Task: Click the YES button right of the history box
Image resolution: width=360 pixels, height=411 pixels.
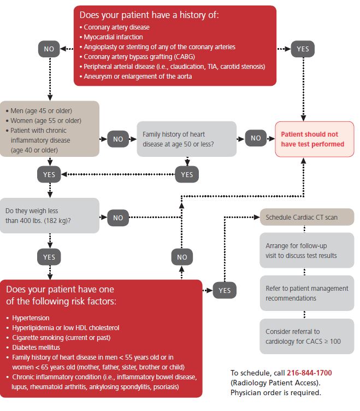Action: tap(302, 49)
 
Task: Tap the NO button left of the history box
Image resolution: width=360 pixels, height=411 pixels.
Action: tap(49, 49)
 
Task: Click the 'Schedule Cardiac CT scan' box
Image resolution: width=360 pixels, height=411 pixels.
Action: tap(306, 217)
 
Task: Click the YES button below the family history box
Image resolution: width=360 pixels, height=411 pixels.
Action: tap(187, 174)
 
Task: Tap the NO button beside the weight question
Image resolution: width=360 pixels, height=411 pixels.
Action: tap(118, 217)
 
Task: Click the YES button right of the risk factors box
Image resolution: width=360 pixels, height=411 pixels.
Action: tap(225, 290)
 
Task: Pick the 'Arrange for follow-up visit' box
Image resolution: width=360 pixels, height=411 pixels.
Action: tap(306, 250)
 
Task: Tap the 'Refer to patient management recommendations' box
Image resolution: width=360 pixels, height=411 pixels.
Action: tap(306, 293)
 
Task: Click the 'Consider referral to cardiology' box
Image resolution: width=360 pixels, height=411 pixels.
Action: tap(306, 336)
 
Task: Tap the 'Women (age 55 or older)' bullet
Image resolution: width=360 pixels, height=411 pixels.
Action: tap(46, 120)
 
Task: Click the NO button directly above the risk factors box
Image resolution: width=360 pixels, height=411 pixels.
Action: tap(182, 257)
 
